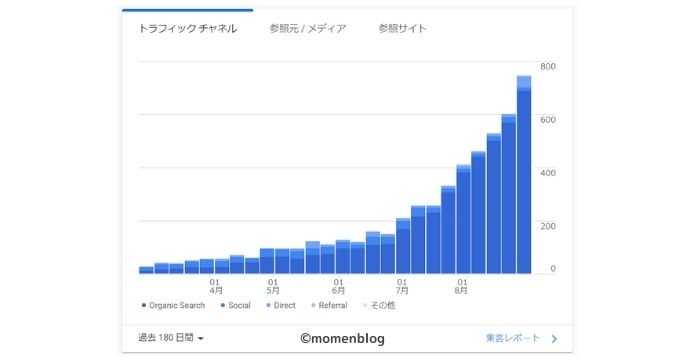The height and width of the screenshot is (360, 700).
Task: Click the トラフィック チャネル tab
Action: [187, 29]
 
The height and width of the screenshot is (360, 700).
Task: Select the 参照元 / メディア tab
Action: [308, 29]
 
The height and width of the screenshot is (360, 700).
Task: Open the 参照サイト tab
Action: [403, 29]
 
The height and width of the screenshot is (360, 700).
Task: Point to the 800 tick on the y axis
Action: [548, 67]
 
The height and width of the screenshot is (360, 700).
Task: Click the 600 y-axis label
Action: [548, 120]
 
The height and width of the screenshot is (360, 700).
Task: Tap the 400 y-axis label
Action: [548, 173]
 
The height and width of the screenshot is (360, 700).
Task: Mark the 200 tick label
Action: [548, 226]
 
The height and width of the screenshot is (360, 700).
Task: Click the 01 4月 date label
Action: [216, 286]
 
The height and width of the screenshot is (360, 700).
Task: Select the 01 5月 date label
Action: [273, 286]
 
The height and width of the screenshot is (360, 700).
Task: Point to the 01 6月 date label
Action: [339, 286]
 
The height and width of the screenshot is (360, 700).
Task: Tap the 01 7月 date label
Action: [401, 286]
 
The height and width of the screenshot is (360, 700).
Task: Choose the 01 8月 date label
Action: [461, 286]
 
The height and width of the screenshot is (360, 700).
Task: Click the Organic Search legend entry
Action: [174, 305]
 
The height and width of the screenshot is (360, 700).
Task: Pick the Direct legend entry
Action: [284, 305]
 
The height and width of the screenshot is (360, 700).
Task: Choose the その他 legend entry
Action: [380, 305]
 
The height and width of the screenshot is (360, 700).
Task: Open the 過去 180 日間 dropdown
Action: [171, 339]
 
